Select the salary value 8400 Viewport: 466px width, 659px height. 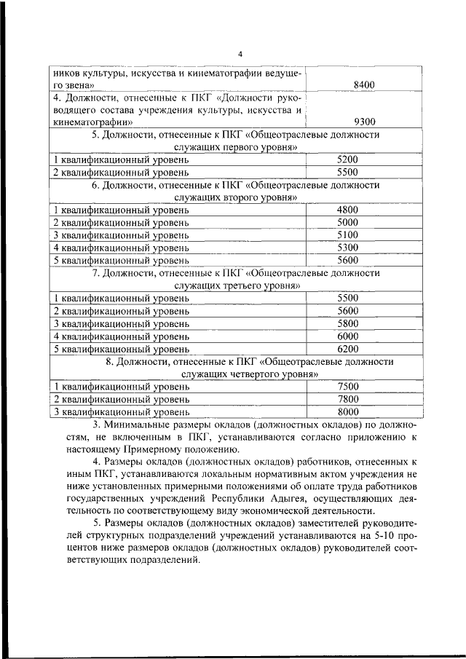pyautogui.click(x=363, y=85)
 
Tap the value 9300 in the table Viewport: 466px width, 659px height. pyautogui.click(x=363, y=122)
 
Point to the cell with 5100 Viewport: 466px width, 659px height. pyautogui.click(x=348, y=234)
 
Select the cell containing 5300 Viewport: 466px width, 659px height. pyautogui.click(x=348, y=247)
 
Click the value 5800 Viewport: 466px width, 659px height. pyautogui.click(x=348, y=323)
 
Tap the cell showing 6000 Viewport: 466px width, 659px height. pyautogui.click(x=348, y=336)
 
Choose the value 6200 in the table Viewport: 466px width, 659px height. pyautogui.click(x=348, y=348)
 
